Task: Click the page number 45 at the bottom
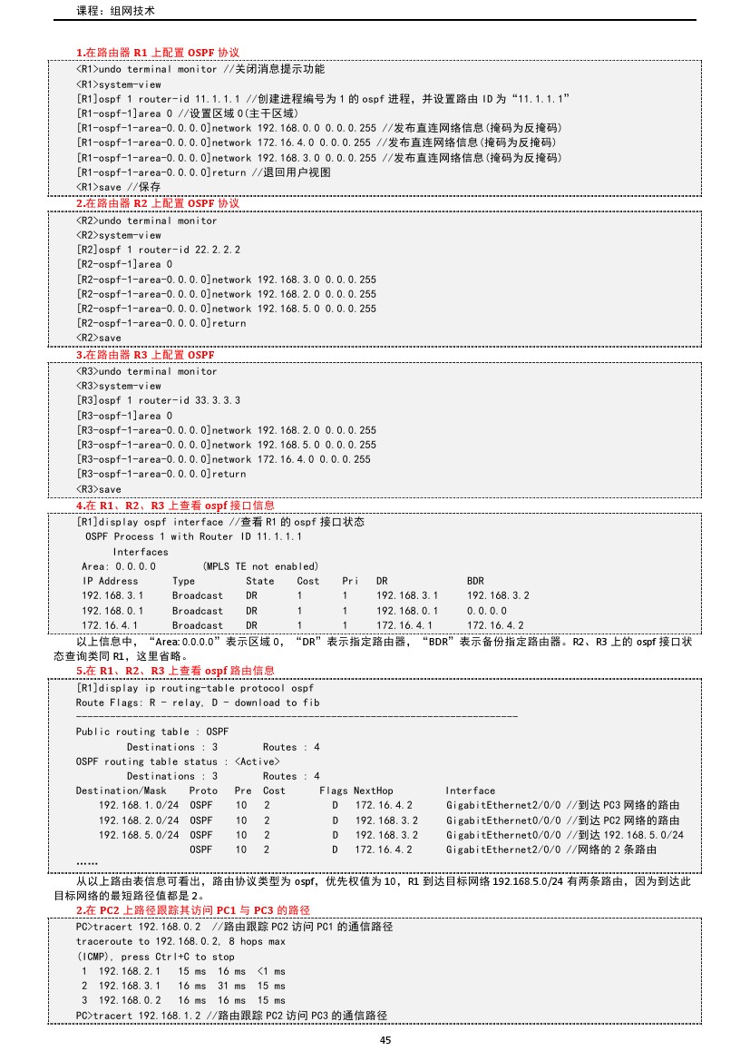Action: pos(385,1040)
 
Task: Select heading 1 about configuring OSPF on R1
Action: pos(157,53)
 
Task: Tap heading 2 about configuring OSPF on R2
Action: pos(157,203)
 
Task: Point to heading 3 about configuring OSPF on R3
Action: pos(145,354)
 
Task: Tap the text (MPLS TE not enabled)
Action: pos(260,566)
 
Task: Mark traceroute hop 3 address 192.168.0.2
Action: pos(131,1000)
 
